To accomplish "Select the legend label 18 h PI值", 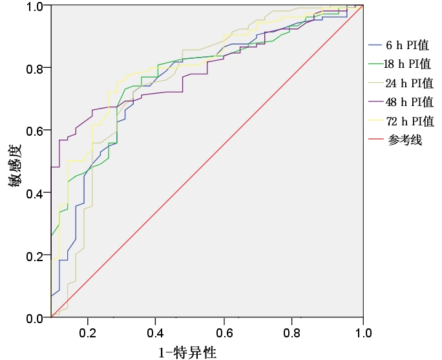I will click(x=408, y=64).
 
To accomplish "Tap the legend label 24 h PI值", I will click(x=408, y=83).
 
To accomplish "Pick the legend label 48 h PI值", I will click(x=408, y=102).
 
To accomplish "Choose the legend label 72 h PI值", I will click(x=408, y=121).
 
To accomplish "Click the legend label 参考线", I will click(x=405, y=140).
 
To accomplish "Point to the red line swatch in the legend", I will click(x=376, y=140).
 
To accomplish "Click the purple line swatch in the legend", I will click(x=376, y=102).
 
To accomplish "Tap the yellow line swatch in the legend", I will click(x=376, y=121).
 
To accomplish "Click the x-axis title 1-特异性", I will click(x=187, y=352).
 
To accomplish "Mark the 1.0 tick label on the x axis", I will click(x=363, y=333).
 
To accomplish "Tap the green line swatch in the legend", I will click(x=376, y=64).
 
